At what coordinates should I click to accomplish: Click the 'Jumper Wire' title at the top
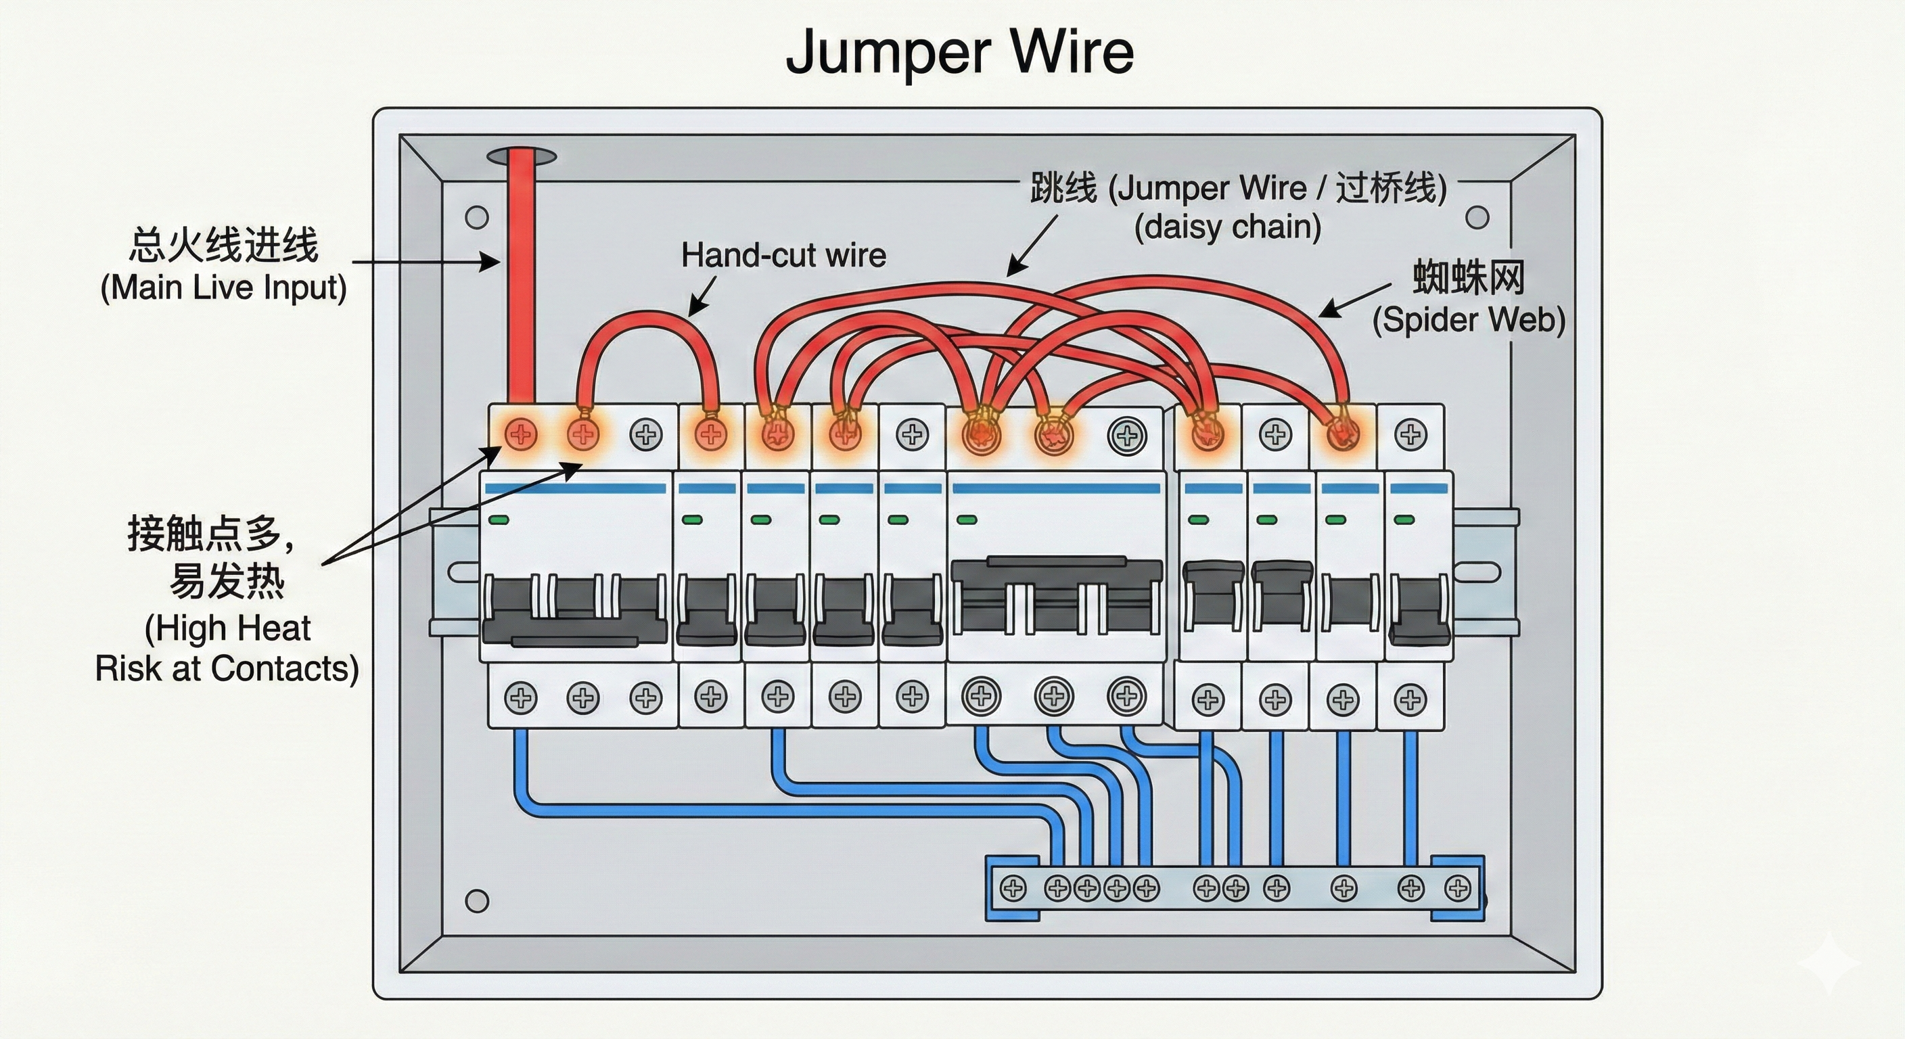pos(959,52)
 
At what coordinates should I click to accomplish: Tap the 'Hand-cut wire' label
pos(783,255)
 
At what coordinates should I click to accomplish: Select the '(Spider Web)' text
pos(1469,320)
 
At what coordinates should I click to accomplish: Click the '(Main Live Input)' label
pos(223,287)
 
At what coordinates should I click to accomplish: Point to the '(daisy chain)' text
pos(1228,227)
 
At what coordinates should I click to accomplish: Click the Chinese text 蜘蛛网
pos(1469,278)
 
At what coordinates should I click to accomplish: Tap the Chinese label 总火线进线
pos(223,245)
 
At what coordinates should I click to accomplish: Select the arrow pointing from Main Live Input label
pos(426,261)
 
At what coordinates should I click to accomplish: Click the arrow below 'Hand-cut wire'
pos(703,296)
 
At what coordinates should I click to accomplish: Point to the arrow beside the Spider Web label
pos(1355,300)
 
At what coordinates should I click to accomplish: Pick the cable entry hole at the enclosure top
pos(522,156)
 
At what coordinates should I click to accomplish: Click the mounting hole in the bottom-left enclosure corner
pos(477,901)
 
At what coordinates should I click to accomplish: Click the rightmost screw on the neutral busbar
pos(1457,887)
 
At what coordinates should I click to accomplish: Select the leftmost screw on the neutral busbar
pos(1013,887)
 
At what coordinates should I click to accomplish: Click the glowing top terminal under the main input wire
pos(521,434)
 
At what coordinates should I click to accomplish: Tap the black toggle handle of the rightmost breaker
pos(1419,610)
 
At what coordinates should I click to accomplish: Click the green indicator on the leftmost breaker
pos(499,520)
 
